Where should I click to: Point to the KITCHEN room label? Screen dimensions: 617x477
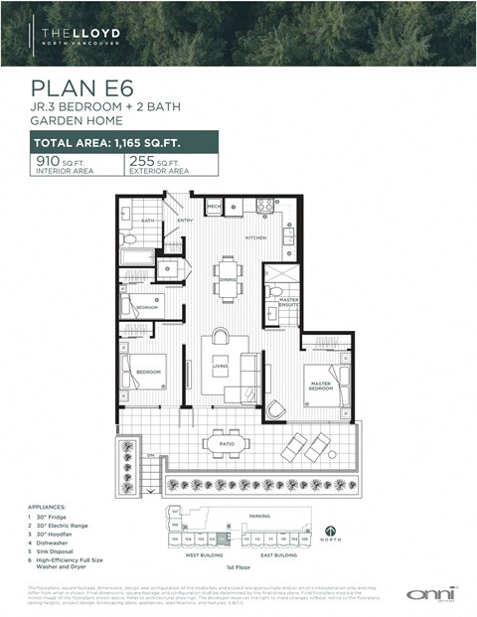click(x=256, y=238)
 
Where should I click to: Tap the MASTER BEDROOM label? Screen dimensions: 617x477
click(x=321, y=386)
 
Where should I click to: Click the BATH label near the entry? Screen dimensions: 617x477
click(x=146, y=221)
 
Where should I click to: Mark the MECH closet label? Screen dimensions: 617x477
click(x=214, y=207)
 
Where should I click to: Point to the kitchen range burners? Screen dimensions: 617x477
click(x=265, y=207)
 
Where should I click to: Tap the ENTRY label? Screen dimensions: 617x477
click(x=185, y=221)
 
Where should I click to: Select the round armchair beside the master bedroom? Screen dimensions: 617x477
click(x=276, y=408)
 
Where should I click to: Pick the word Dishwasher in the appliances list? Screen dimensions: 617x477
click(x=52, y=541)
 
